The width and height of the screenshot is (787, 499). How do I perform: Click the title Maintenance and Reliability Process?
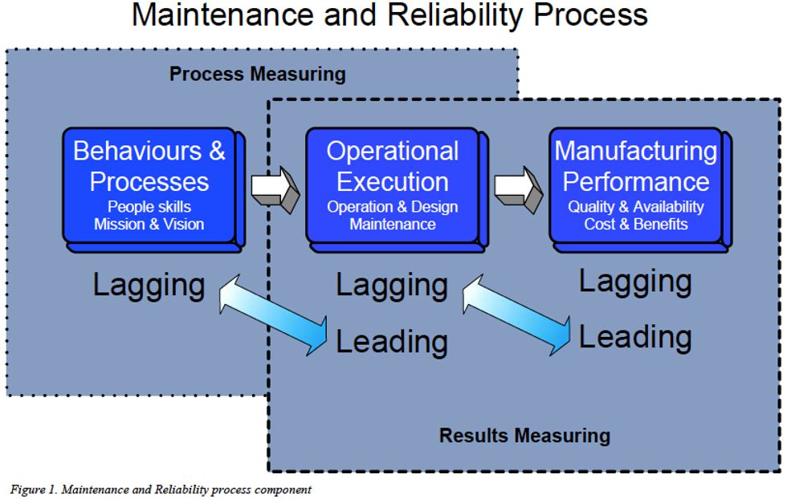click(389, 16)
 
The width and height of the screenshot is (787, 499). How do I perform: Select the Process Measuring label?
click(257, 75)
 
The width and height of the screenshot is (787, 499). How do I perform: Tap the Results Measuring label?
click(524, 436)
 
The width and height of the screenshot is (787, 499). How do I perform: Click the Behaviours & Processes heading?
click(149, 166)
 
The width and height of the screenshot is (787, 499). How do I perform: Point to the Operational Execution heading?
click(393, 166)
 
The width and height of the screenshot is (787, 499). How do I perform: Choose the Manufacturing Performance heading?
click(635, 166)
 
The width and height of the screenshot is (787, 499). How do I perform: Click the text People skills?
click(149, 207)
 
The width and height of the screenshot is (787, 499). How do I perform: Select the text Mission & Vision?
click(149, 225)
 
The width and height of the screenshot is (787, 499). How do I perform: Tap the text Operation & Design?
click(393, 207)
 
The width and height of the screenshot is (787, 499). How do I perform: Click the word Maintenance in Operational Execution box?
click(393, 225)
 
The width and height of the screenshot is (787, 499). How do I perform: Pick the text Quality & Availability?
click(635, 207)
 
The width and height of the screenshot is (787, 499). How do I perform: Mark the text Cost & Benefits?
click(635, 225)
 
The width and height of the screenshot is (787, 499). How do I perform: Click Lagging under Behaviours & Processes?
click(149, 286)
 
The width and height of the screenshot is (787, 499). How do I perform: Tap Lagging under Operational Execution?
click(392, 286)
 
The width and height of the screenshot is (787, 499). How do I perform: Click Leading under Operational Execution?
click(392, 342)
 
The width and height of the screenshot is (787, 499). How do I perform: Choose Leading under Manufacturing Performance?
click(635, 337)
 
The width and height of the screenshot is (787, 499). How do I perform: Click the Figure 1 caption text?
click(161, 489)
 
